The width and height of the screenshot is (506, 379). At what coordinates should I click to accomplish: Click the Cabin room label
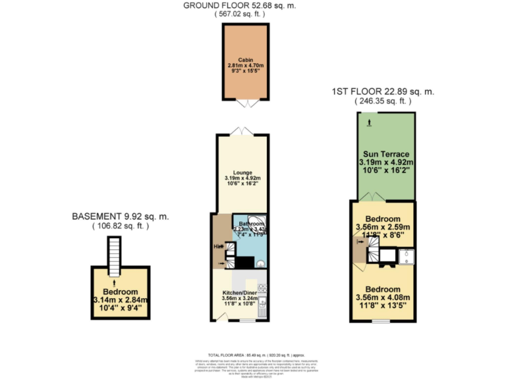pos(246,59)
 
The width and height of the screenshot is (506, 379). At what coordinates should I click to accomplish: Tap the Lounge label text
pos(241,173)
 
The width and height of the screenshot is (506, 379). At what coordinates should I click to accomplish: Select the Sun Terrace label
pos(385,154)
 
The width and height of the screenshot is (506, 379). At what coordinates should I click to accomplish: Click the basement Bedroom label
pos(120,292)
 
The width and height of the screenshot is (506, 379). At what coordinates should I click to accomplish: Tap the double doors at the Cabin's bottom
pos(246,103)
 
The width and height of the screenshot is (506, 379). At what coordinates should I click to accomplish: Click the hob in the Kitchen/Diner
pos(262,288)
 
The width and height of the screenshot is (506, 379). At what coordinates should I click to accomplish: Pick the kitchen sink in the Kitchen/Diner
pos(262,304)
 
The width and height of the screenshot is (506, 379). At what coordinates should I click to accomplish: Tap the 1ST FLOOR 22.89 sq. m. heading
pos(383,91)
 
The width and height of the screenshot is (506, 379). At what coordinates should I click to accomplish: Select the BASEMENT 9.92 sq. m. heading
pos(121,216)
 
